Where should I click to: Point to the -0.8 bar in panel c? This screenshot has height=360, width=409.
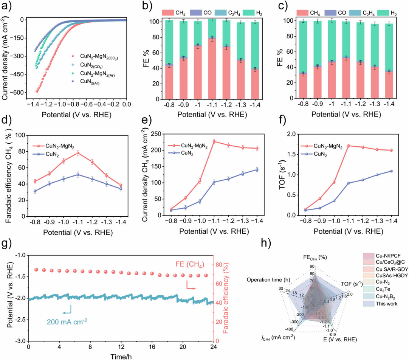[x=302, y=85]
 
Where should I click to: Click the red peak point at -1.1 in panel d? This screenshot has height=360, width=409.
[x=77, y=152]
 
